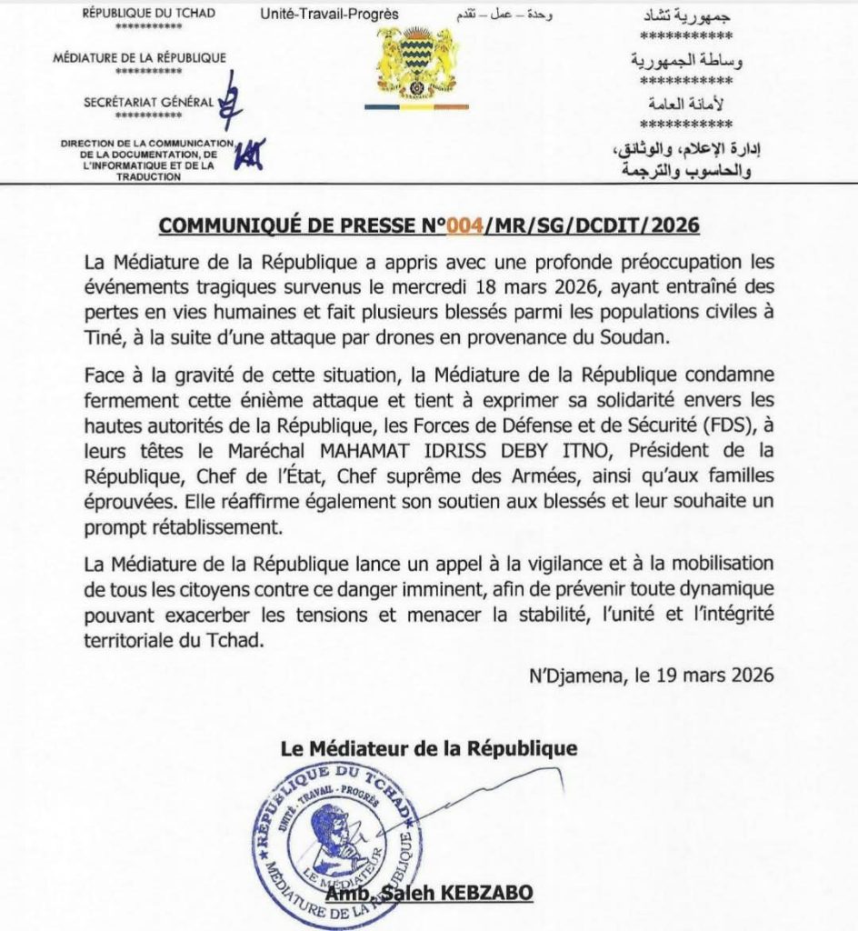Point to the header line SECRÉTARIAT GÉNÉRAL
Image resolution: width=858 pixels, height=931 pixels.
click(x=149, y=103)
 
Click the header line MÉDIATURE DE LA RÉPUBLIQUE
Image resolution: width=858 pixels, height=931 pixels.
click(x=140, y=58)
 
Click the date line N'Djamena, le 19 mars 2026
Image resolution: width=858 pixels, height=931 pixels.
click(x=650, y=676)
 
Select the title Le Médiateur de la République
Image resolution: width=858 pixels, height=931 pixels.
click(x=429, y=749)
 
